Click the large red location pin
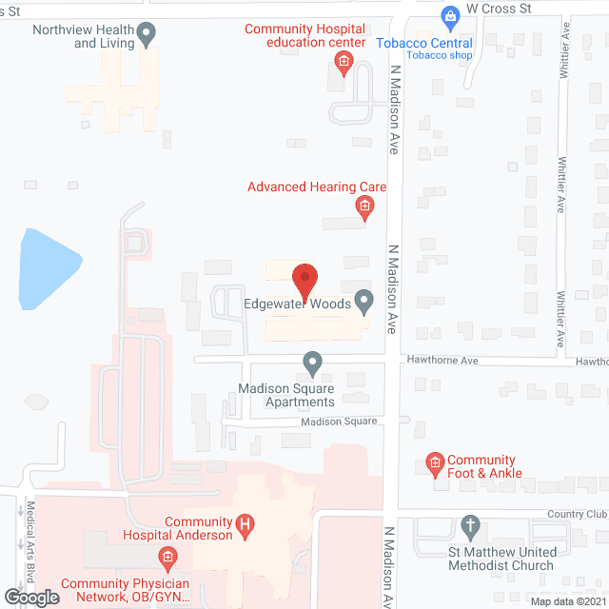point(304,280)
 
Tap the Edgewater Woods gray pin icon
point(363,302)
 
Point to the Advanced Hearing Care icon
point(363,206)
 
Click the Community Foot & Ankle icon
point(435,465)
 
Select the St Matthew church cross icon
point(470,525)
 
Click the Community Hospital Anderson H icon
point(245,523)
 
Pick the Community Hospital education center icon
point(344,65)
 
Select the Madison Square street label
point(340,422)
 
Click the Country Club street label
point(577,515)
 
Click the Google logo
point(30,597)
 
